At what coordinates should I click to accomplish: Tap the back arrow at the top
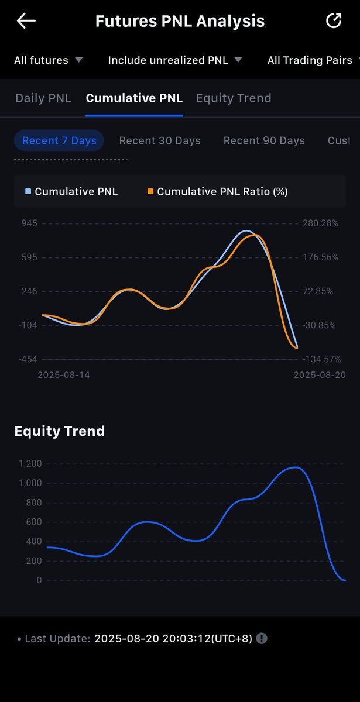click(26, 21)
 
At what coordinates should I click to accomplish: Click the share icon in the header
click(334, 20)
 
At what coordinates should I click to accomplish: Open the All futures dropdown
click(48, 60)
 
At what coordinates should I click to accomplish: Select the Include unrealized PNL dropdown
click(174, 60)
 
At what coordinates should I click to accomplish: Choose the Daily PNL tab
click(43, 98)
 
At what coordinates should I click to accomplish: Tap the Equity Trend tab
click(234, 98)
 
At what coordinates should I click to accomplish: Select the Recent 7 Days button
click(59, 140)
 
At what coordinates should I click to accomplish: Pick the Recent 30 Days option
click(160, 140)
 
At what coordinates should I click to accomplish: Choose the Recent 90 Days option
click(264, 140)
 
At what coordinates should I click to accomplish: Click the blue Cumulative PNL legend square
click(28, 191)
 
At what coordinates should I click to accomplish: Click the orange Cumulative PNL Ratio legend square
click(150, 191)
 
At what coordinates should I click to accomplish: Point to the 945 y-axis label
click(29, 223)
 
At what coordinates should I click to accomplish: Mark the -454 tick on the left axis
click(28, 359)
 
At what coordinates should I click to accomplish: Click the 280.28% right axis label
click(321, 223)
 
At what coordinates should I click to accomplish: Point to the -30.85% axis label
click(319, 325)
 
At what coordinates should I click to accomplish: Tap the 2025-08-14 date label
click(64, 375)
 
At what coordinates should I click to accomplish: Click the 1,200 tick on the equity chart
click(30, 463)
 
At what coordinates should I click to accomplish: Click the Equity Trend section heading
click(60, 431)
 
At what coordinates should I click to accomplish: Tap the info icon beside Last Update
click(262, 638)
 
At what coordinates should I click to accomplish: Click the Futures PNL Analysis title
click(180, 21)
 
